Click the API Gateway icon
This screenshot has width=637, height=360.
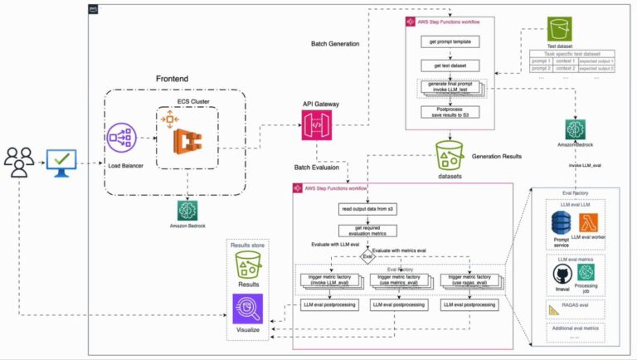(321, 129)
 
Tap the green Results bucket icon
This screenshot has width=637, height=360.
(250, 265)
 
